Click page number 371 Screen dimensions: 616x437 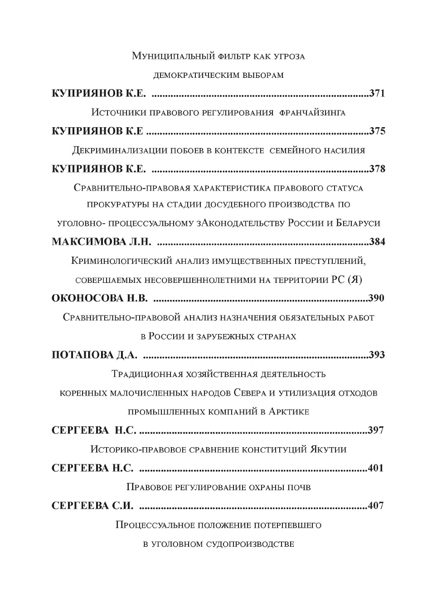click(377, 94)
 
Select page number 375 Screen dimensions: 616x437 click(377, 131)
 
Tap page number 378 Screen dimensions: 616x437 click(377, 169)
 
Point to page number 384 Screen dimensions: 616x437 click(377, 242)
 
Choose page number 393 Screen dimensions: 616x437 click(377, 355)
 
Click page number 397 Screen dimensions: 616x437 click(376, 430)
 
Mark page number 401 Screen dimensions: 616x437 click(376, 468)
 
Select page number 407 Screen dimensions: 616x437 click(376, 506)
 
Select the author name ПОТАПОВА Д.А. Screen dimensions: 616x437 click(94, 355)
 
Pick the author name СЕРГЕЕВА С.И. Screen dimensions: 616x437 click(92, 506)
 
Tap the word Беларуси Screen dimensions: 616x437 click(358, 223)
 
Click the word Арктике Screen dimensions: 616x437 click(289, 412)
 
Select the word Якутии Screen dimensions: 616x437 click(328, 449)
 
